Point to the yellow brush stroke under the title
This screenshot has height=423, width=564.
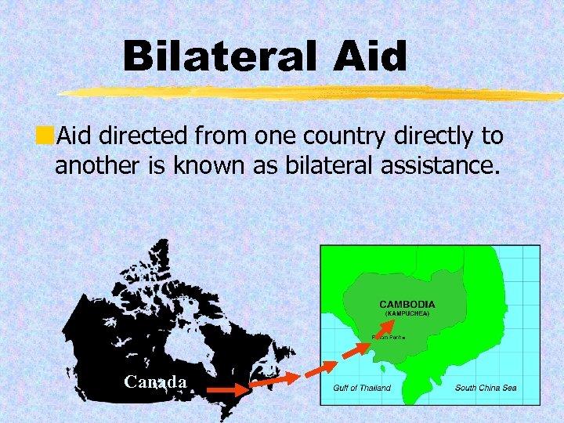[x=313, y=93]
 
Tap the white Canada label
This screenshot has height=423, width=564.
[x=155, y=382]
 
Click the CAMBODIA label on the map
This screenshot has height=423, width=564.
[x=407, y=304]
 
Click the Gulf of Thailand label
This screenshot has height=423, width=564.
[x=362, y=388]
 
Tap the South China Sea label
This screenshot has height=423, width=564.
[x=486, y=388]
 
